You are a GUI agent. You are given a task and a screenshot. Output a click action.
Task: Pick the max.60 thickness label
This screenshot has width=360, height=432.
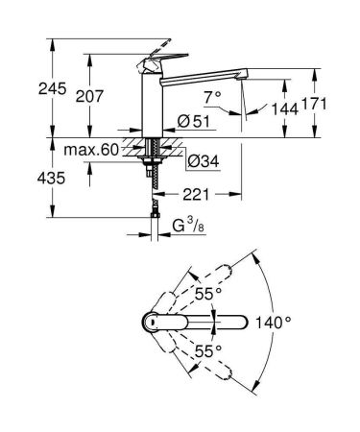[x=94, y=150]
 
